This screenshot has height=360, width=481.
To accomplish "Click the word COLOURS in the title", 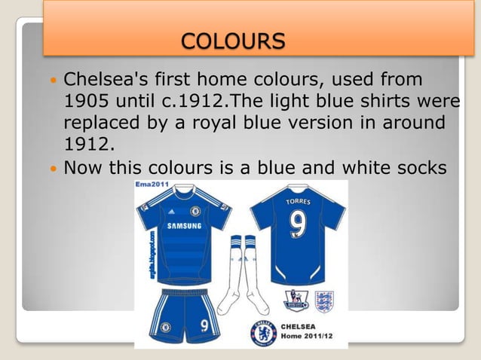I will coord(234,38).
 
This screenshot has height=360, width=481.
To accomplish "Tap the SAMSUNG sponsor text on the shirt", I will coord(183,227).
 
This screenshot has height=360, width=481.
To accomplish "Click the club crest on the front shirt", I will coord(196,211).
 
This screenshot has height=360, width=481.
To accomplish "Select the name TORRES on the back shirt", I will coord(298,203).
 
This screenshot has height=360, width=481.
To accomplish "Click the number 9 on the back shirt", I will coord(298,225).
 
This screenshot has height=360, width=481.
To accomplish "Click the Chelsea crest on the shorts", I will coord(166,328).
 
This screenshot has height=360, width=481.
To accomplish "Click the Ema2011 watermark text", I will coord(151,185).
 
